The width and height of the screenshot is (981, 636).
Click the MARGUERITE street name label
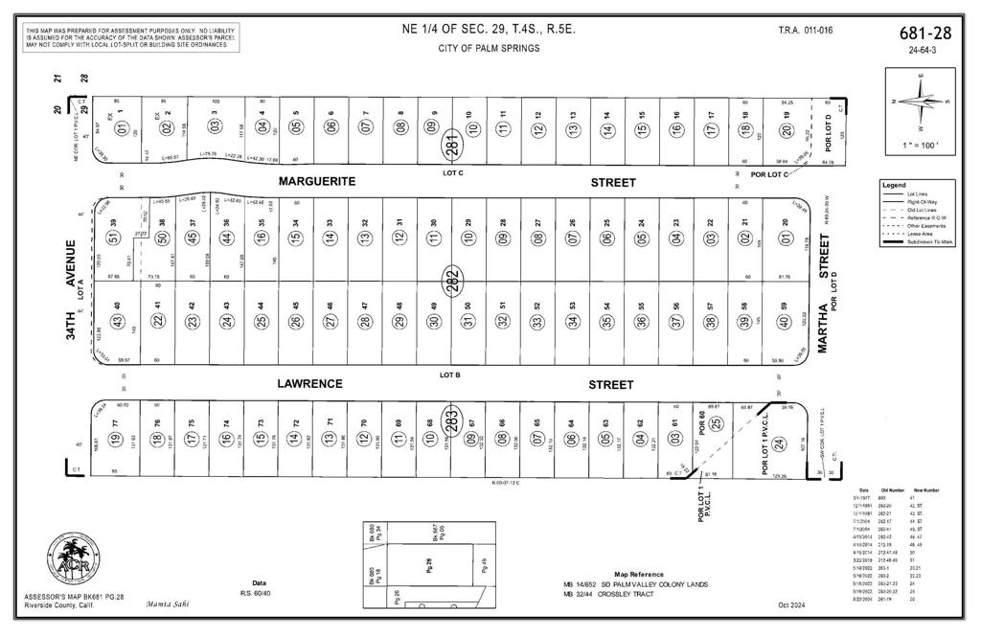point(317,181)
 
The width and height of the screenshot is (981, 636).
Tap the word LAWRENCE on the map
point(309,384)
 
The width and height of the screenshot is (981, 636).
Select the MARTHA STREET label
point(823,310)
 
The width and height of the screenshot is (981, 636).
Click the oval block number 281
point(451,146)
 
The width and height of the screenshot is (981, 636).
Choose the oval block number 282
point(451,280)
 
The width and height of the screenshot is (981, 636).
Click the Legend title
point(896,185)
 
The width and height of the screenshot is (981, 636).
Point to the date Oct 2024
point(793,604)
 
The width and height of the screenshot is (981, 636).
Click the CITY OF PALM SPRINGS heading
point(489,48)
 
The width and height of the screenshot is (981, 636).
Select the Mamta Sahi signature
point(169,604)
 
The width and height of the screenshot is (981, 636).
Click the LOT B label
point(451,375)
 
